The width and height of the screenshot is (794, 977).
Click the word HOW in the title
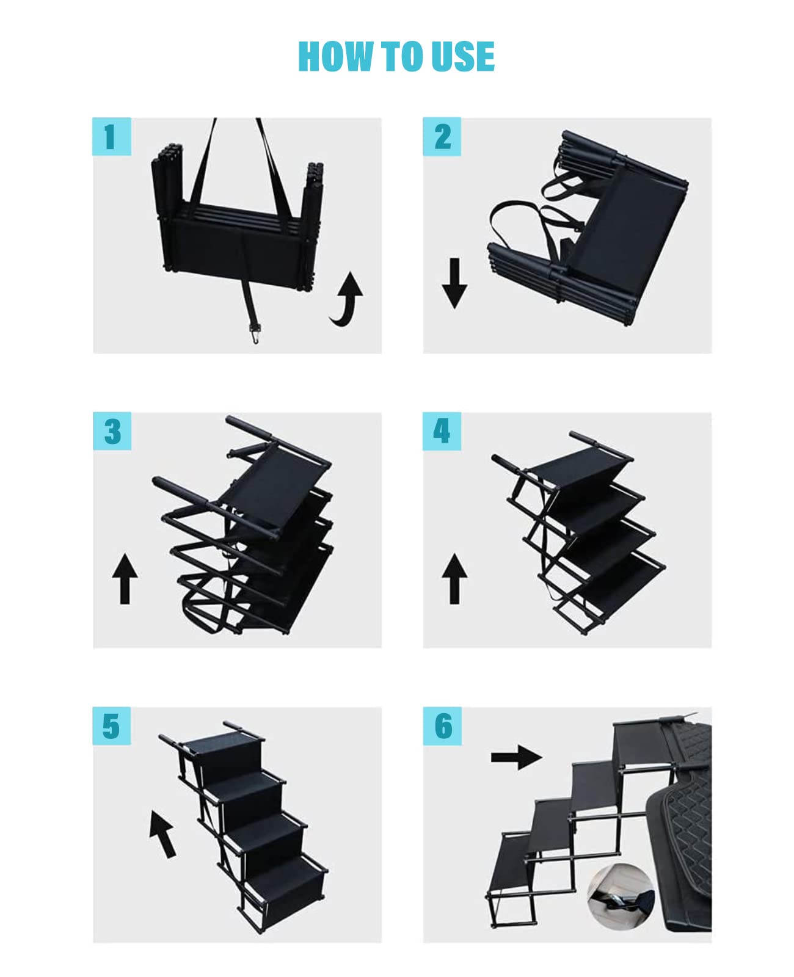pyautogui.click(x=335, y=57)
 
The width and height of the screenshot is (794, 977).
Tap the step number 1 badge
pyautogui.click(x=111, y=136)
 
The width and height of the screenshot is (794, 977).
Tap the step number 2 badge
pyautogui.click(x=442, y=136)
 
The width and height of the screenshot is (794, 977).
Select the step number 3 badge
pyautogui.click(x=112, y=431)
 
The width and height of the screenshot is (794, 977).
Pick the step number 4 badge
pyautogui.click(x=442, y=431)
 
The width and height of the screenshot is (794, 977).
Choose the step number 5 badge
pyautogui.click(x=111, y=726)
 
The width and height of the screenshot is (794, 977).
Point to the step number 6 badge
pyautogui.click(x=442, y=726)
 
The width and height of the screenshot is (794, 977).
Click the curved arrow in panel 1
pyautogui.click(x=347, y=299)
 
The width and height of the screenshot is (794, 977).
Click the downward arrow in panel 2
pyautogui.click(x=454, y=283)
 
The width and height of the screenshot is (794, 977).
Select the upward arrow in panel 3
pyautogui.click(x=125, y=578)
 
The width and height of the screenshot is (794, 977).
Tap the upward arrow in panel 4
pyautogui.click(x=454, y=578)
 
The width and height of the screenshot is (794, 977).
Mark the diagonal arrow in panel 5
pyautogui.click(x=162, y=834)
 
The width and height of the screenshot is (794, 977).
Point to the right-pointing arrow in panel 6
pyautogui.click(x=516, y=757)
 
